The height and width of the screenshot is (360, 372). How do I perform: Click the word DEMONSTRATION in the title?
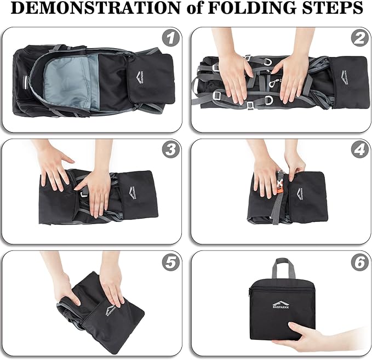95,8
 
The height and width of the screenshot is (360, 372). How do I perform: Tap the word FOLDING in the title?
251,8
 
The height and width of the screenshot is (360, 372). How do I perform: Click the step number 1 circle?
170,38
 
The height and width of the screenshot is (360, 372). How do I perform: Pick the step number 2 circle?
359,38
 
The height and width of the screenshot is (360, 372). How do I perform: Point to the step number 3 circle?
170,150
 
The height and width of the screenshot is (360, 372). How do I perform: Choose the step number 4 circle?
359,150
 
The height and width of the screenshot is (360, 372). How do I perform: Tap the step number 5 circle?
170,262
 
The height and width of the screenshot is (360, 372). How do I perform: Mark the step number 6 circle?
359,262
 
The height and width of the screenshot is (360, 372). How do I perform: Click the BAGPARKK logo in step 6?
281,304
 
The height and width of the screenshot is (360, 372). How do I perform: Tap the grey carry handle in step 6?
285,268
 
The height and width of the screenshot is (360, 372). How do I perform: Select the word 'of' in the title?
194,8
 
